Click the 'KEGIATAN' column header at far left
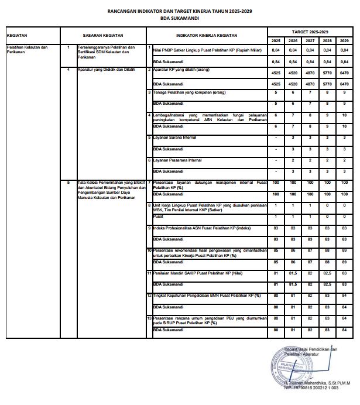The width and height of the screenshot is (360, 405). click(x=17, y=35)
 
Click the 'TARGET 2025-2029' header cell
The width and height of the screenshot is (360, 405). click(x=310, y=30)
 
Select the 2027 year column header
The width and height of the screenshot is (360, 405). click(x=311, y=40)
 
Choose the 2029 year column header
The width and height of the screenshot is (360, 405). click(x=344, y=40)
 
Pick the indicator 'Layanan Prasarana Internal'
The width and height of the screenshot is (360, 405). click(x=179, y=160)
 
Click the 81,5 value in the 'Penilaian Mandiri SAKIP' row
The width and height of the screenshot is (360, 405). click(x=293, y=273)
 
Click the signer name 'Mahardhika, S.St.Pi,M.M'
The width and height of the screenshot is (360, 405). click(x=320, y=383)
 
